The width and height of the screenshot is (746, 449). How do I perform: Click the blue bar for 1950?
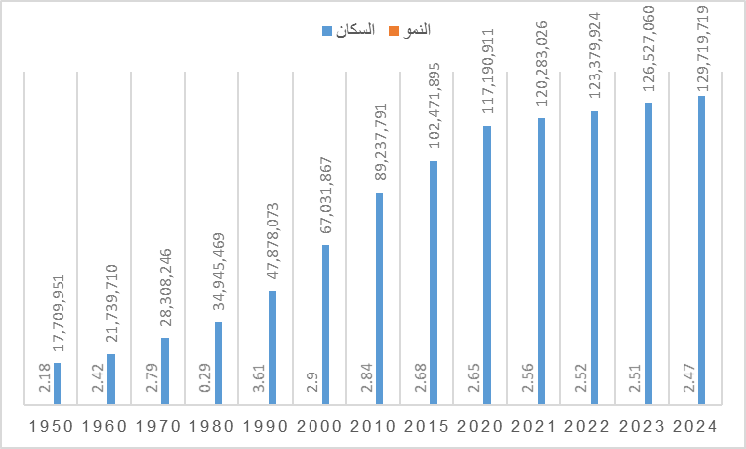pos(57,383)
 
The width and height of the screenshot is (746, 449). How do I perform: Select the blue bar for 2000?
pos(325,325)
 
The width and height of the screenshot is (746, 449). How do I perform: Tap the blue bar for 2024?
pos(701,250)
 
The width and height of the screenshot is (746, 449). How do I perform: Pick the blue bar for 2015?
pos(433,283)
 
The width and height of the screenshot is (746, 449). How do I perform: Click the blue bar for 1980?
pos(218,364)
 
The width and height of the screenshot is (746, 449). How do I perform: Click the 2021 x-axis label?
pos(534,427)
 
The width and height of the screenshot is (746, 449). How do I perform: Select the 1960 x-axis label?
pos(104,427)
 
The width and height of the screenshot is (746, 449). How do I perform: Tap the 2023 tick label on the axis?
pos(642,427)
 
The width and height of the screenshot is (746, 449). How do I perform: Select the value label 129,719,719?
pos(702,47)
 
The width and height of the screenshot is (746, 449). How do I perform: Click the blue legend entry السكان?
pos(349,30)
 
